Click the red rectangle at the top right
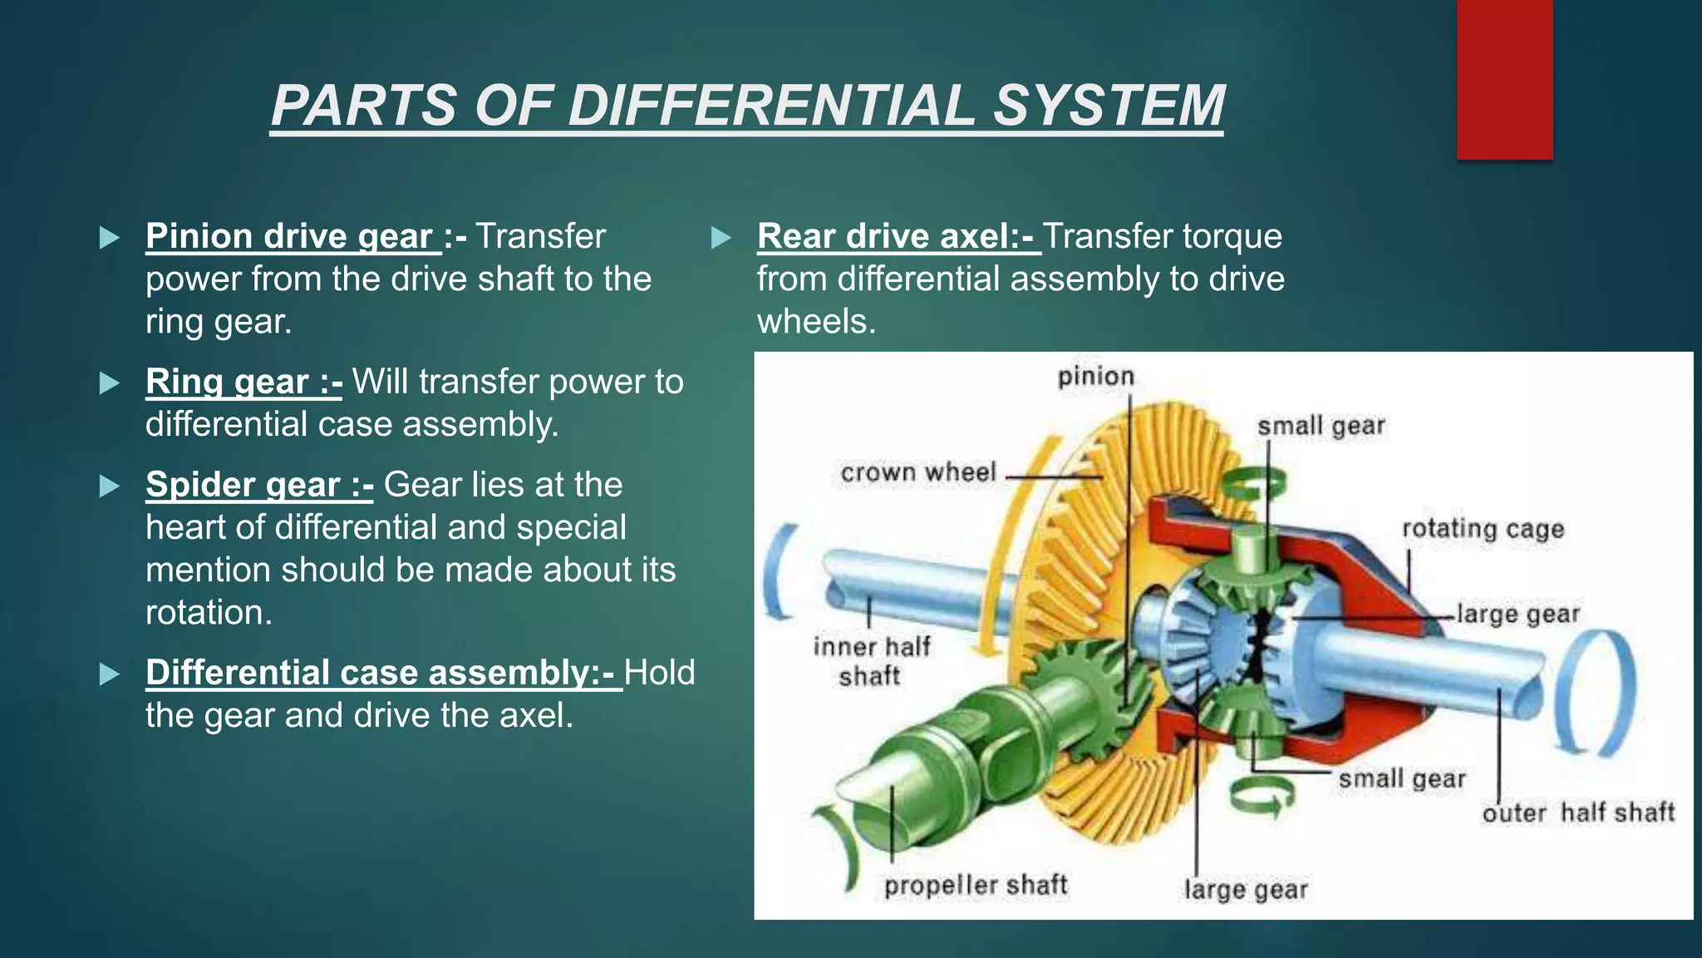[x=1504, y=79]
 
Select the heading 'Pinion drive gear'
[x=289, y=236]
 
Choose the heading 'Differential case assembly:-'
[x=383, y=673]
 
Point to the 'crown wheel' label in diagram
[x=917, y=473]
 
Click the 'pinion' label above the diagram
[x=1095, y=377]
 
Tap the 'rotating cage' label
[x=1483, y=529]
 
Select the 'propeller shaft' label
[x=975, y=886]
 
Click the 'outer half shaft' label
[x=1577, y=812]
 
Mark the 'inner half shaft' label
[x=871, y=661]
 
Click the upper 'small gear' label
[x=1321, y=427]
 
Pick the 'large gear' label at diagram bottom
[x=1245, y=890]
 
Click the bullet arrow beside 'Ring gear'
[x=109, y=383]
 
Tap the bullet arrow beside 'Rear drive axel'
[x=721, y=239]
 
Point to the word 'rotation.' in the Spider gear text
[x=209, y=613]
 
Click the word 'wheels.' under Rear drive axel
[x=816, y=322]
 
